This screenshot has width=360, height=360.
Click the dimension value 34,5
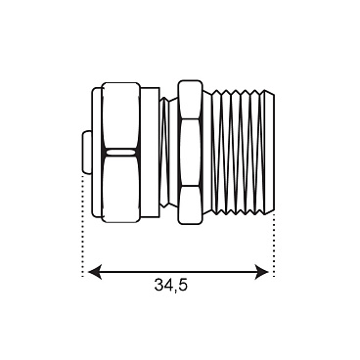(x=170, y=285)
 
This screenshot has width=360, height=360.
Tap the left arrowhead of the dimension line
(x=95, y=272)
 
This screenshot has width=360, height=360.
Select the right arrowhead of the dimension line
(x=262, y=272)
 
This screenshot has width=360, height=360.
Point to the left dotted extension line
(x=83, y=225)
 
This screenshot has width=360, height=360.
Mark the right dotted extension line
(x=274, y=246)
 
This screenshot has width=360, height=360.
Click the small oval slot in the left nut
(x=120, y=153)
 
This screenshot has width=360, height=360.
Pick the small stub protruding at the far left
(x=87, y=153)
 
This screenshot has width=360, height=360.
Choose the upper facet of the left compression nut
(x=121, y=115)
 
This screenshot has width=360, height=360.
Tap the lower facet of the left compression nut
(x=121, y=189)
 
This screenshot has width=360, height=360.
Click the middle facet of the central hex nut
(x=190, y=153)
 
